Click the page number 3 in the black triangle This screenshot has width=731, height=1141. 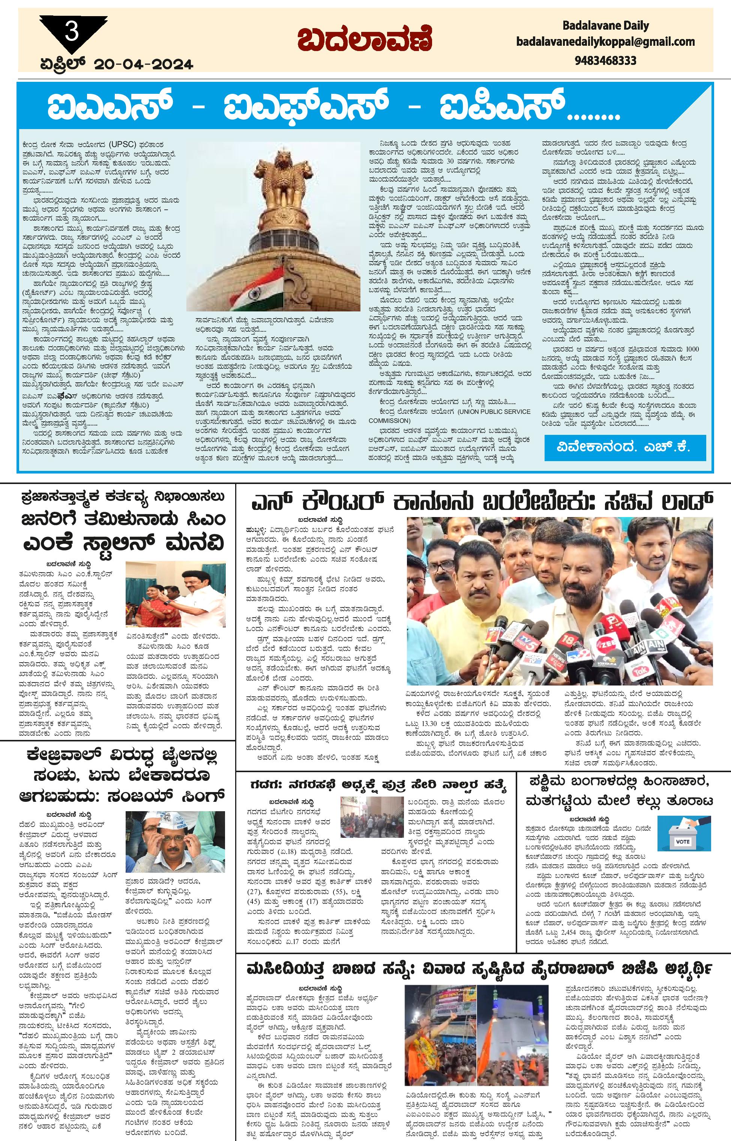pyautogui.click(x=72, y=33)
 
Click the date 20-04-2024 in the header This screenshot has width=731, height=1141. pyautogui.click(x=144, y=64)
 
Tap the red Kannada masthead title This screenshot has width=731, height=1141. pyautogui.click(x=365, y=40)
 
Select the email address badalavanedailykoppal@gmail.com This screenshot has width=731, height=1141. pyautogui.click(x=605, y=42)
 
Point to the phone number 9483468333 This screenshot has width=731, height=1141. pyautogui.click(x=605, y=61)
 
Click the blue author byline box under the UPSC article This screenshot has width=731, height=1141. pyautogui.click(x=625, y=447)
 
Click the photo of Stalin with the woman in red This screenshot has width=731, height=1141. pyautogui.click(x=175, y=593)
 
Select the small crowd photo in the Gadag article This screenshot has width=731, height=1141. pyautogui.click(x=371, y=817)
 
